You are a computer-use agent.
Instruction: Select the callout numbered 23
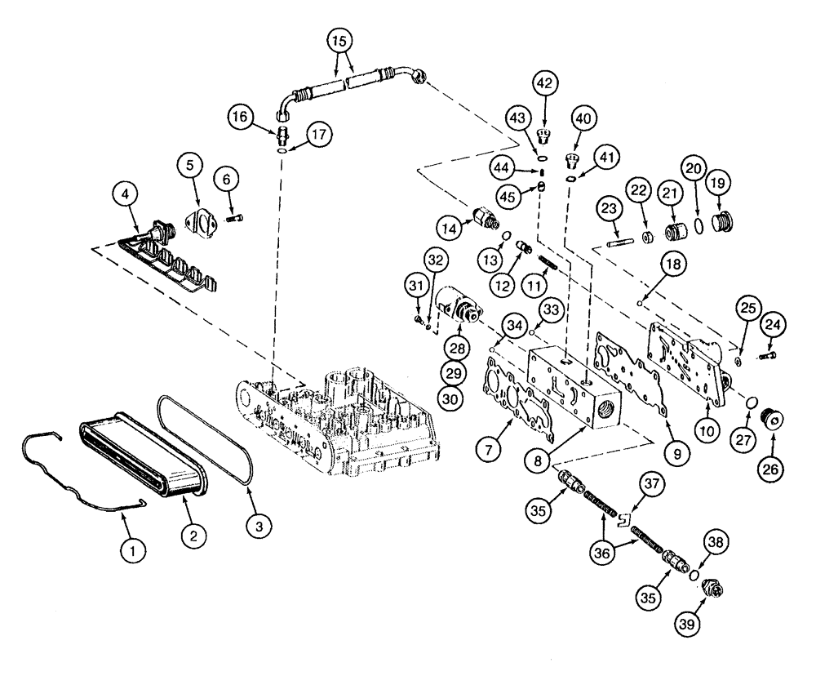(x=609, y=211)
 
